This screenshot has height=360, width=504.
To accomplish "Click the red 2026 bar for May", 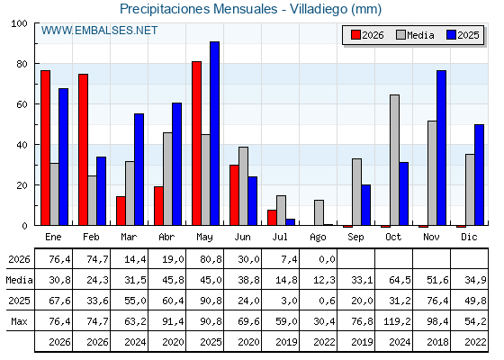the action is [196, 143].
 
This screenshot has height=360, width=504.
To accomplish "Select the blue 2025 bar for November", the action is [441, 148].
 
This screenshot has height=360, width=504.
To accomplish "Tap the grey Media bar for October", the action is [394, 160].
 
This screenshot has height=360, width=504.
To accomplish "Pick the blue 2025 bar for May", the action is [215, 133].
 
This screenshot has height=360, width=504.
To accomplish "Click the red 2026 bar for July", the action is [272, 218].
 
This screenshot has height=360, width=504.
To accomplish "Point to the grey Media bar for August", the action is [319, 212].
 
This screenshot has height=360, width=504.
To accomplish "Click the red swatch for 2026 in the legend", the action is [355, 35].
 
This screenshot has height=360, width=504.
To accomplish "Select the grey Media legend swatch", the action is [400, 35].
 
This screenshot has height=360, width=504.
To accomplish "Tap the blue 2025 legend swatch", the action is [451, 35].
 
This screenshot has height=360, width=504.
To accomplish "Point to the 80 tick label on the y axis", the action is [22, 64].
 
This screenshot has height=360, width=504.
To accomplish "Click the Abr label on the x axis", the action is [166, 238].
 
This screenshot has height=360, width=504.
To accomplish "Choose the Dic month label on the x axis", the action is [469, 238].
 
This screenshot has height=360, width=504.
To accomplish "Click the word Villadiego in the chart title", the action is [319, 9].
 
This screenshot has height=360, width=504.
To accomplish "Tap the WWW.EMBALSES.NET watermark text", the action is [99, 31].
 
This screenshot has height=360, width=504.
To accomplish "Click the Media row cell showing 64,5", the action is [400, 280].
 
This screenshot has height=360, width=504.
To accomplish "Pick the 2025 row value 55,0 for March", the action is [135, 301].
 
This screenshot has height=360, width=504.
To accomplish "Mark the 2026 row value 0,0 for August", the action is [327, 259].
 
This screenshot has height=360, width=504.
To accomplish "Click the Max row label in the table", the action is [19, 321].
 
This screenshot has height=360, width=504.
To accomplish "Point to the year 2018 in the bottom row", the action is [437, 342].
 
